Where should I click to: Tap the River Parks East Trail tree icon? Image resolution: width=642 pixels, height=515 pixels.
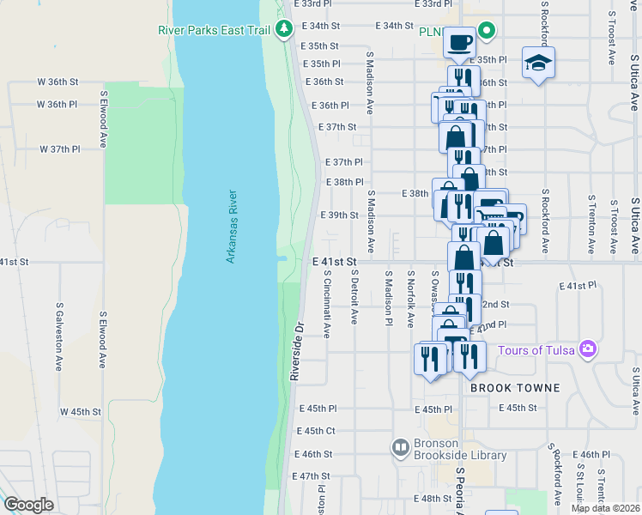point(285,30)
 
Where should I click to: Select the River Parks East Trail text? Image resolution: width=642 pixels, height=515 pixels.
point(214,30)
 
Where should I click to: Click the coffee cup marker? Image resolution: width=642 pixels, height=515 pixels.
point(459,40)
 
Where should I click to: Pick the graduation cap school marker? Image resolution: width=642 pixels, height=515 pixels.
point(538,63)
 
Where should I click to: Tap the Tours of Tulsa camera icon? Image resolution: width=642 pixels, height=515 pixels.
point(588,349)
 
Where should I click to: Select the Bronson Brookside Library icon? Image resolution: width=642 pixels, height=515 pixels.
point(400,446)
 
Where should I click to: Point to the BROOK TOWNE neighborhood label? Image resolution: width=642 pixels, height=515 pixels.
point(515,388)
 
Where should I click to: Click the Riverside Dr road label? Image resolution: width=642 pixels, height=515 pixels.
point(297,351)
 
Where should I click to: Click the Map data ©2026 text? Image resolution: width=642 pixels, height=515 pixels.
point(606,508)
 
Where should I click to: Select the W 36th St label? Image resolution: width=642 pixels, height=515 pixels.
point(58,82)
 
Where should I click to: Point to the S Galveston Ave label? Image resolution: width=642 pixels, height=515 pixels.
point(60,336)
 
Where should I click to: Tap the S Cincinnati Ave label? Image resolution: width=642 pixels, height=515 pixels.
point(327,304)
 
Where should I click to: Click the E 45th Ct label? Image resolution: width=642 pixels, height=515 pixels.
point(315,431)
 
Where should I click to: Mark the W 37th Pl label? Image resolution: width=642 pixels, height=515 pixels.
point(59,148)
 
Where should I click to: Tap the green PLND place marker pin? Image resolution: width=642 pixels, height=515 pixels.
point(487,32)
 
